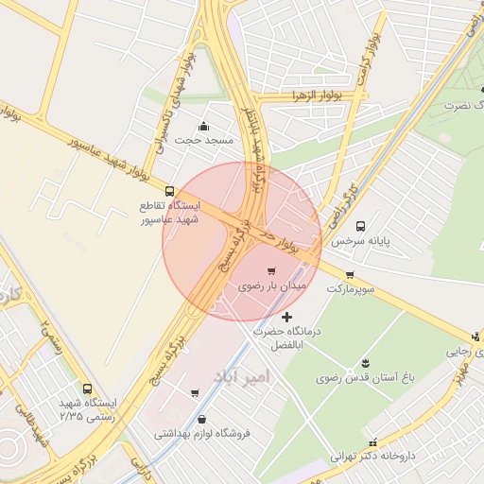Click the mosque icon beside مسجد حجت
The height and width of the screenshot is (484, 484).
click(x=203, y=127)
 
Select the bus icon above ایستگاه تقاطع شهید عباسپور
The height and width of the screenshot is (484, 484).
click(x=170, y=191)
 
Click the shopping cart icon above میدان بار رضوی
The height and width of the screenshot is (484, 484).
click(x=271, y=270)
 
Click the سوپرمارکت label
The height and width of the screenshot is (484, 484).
click(x=351, y=288)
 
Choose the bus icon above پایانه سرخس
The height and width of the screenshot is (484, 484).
click(x=360, y=226)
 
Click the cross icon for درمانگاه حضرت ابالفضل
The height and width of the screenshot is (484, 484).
click(x=287, y=316)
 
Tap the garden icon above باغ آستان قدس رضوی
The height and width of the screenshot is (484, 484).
click(x=366, y=364)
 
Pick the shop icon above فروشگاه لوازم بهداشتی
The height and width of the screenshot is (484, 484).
click(x=201, y=420)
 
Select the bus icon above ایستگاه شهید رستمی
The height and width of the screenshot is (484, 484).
click(x=88, y=389)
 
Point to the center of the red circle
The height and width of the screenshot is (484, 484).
click(x=242, y=242)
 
